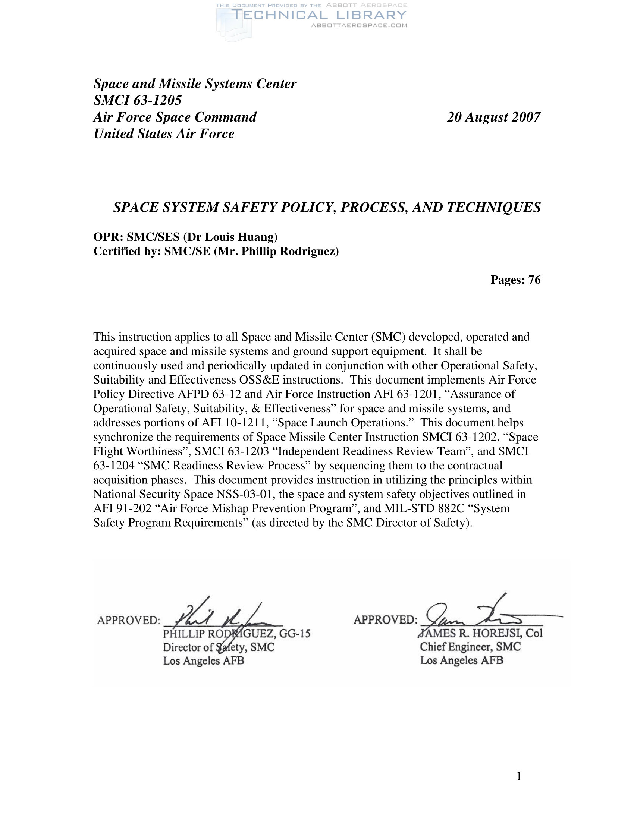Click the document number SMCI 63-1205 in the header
(138, 100)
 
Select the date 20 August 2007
(493, 117)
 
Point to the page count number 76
(534, 280)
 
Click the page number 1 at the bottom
(519, 776)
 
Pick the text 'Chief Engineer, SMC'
(470, 647)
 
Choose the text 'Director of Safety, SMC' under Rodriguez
(219, 647)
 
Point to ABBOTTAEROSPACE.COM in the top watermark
(359, 25)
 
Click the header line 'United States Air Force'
(164, 134)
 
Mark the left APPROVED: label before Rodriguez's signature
(128, 620)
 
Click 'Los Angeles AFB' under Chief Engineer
(462, 660)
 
